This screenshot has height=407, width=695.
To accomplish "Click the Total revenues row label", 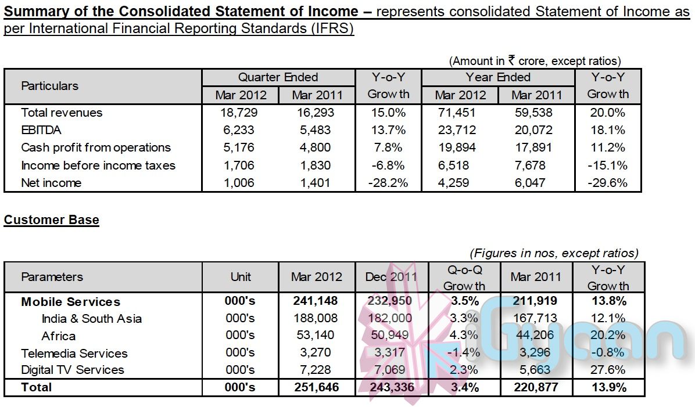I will click(x=62, y=113).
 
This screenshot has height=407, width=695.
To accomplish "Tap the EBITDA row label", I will click(x=41, y=130).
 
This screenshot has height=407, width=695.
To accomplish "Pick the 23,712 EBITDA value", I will click(x=460, y=130).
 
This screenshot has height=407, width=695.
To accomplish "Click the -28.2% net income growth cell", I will click(x=388, y=183).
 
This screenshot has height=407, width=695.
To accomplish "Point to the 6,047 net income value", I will click(x=536, y=183).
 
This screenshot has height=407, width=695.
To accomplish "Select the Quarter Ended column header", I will click(x=278, y=77).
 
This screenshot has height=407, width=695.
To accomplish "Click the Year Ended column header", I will click(x=498, y=77).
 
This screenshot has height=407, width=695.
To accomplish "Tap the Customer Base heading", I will click(x=51, y=220).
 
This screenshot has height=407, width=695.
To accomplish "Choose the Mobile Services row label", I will click(x=71, y=302).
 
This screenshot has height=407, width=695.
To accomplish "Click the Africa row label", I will click(x=59, y=336).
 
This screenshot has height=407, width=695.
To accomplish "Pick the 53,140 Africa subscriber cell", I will click(x=317, y=336).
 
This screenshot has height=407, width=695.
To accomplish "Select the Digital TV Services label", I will click(x=73, y=370).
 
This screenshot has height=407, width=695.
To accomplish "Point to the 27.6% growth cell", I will click(x=607, y=370).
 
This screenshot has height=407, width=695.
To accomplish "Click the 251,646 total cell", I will click(x=317, y=387).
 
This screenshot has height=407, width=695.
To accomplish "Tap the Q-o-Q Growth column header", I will click(x=464, y=277).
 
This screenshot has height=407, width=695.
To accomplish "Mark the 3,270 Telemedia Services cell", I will click(x=317, y=353).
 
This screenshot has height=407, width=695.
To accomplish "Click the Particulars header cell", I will click(x=49, y=86).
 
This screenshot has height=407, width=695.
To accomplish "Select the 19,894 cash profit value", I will click(x=460, y=147).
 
